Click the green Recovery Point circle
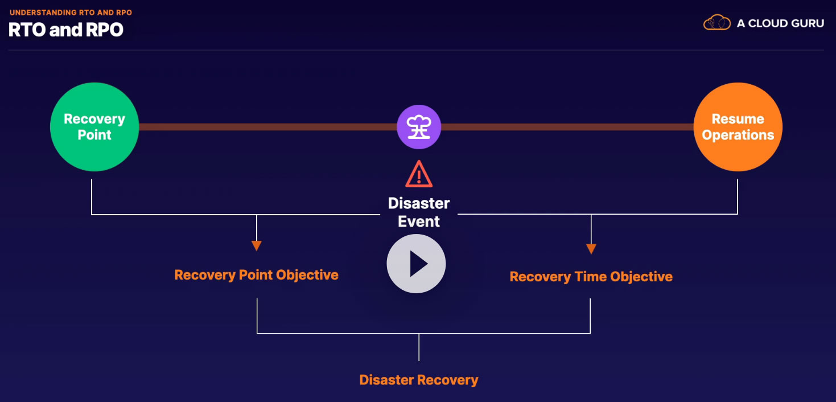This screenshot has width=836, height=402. pyautogui.click(x=94, y=127)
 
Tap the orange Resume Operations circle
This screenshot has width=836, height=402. pyautogui.click(x=738, y=127)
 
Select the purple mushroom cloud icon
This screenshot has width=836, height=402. pyautogui.click(x=419, y=127)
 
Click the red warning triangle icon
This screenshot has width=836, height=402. pyautogui.click(x=419, y=174)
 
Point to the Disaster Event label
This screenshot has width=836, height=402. pyautogui.click(x=419, y=212)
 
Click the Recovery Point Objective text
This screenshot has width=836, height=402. pyautogui.click(x=256, y=275)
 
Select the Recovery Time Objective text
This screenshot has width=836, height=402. pyautogui.click(x=591, y=277)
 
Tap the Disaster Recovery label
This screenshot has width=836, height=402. pyautogui.click(x=419, y=380)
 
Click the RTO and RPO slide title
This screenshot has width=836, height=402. pyautogui.click(x=66, y=30)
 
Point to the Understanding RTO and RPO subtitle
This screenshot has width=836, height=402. pyautogui.click(x=71, y=12)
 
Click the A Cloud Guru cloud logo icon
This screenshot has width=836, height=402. pyautogui.click(x=716, y=23)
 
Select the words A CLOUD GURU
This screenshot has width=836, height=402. pyautogui.click(x=780, y=23)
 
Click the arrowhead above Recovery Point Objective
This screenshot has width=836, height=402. pyautogui.click(x=257, y=246)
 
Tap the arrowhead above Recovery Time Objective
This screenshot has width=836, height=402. pyautogui.click(x=591, y=249)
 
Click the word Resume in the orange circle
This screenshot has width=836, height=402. pyautogui.click(x=738, y=119)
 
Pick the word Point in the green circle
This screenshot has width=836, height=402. pyautogui.click(x=94, y=136)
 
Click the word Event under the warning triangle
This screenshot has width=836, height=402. pyautogui.click(x=419, y=221)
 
